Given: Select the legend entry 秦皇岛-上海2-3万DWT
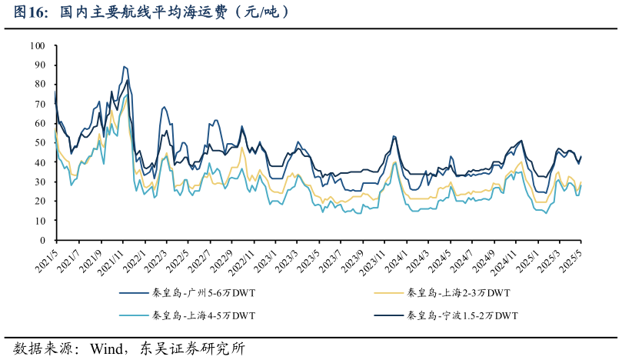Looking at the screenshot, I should click(x=458, y=293).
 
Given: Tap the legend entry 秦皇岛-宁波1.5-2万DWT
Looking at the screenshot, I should click(x=462, y=315).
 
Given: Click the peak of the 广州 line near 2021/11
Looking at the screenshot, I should click(x=125, y=67).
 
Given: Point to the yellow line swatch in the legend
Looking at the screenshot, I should click(x=388, y=293).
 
